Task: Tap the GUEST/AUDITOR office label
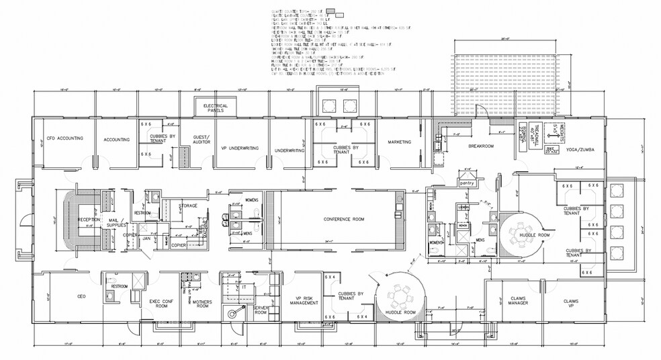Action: pos(202,140)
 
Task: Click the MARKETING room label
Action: pos(398,142)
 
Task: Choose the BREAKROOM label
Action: pos(481,146)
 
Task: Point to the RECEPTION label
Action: pos(89,220)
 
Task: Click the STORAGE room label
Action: pos(188,206)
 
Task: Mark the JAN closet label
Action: pos(146,238)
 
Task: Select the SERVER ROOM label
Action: pos(261,310)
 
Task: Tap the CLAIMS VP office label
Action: pos(570,304)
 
